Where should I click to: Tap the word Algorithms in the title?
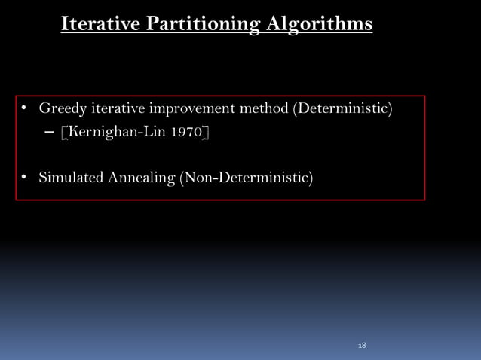coord(318,24)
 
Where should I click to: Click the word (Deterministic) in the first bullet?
coord(343,109)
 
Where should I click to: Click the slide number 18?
coord(362,345)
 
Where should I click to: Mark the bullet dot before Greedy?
coord(24,109)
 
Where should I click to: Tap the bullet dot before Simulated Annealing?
coord(24,178)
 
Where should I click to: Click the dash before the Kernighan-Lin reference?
coord(50,133)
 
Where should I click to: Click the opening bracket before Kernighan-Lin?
coord(64,133)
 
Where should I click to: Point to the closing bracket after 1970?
coord(206,133)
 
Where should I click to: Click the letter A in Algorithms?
coord(274,24)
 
